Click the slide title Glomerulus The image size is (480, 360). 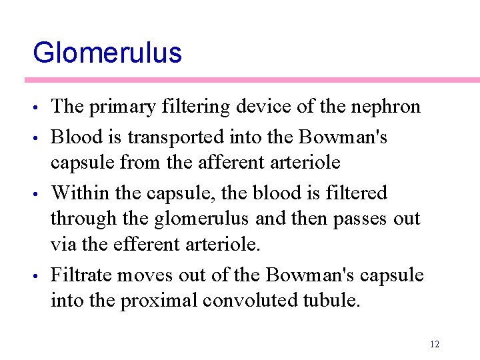pyautogui.click(x=107, y=53)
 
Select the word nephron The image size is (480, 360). pyautogui.click(x=387, y=107)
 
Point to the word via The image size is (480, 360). pyautogui.click(x=63, y=245)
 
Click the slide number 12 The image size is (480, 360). pyautogui.click(x=435, y=344)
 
